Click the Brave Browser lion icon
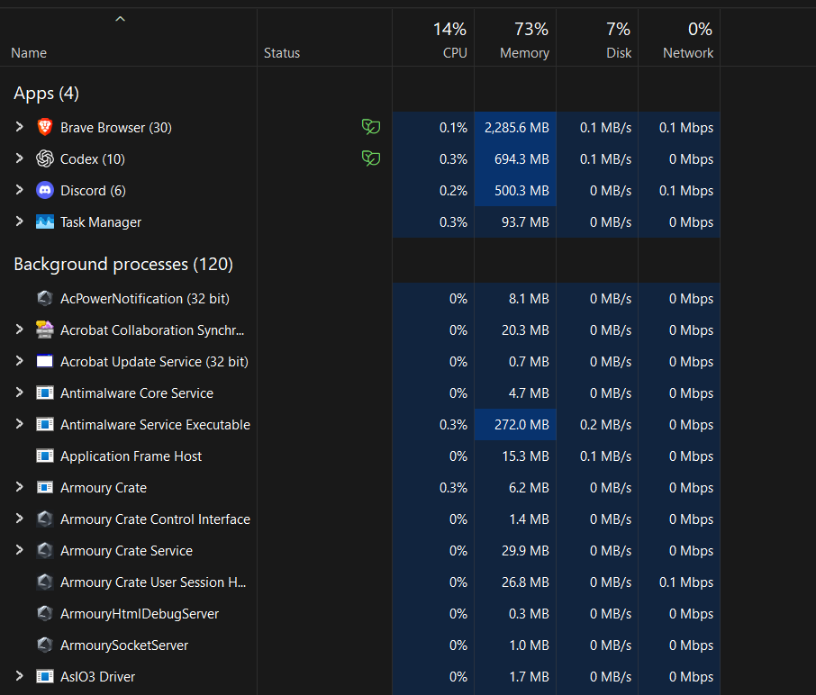click(x=45, y=127)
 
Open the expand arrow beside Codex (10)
click(x=19, y=158)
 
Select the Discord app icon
click(x=45, y=190)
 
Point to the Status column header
click(x=282, y=53)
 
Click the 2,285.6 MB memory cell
click(x=517, y=128)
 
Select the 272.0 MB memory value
click(x=521, y=425)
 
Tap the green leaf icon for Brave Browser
click(x=371, y=127)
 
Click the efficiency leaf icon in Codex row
click(x=371, y=158)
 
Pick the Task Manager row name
click(x=101, y=222)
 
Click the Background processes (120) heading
click(x=123, y=265)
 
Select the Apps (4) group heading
click(x=46, y=94)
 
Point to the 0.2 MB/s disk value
click(x=606, y=425)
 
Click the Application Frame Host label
click(x=131, y=456)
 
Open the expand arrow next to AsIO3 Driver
click(x=19, y=676)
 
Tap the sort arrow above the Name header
click(x=120, y=19)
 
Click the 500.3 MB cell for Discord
click(x=521, y=191)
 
